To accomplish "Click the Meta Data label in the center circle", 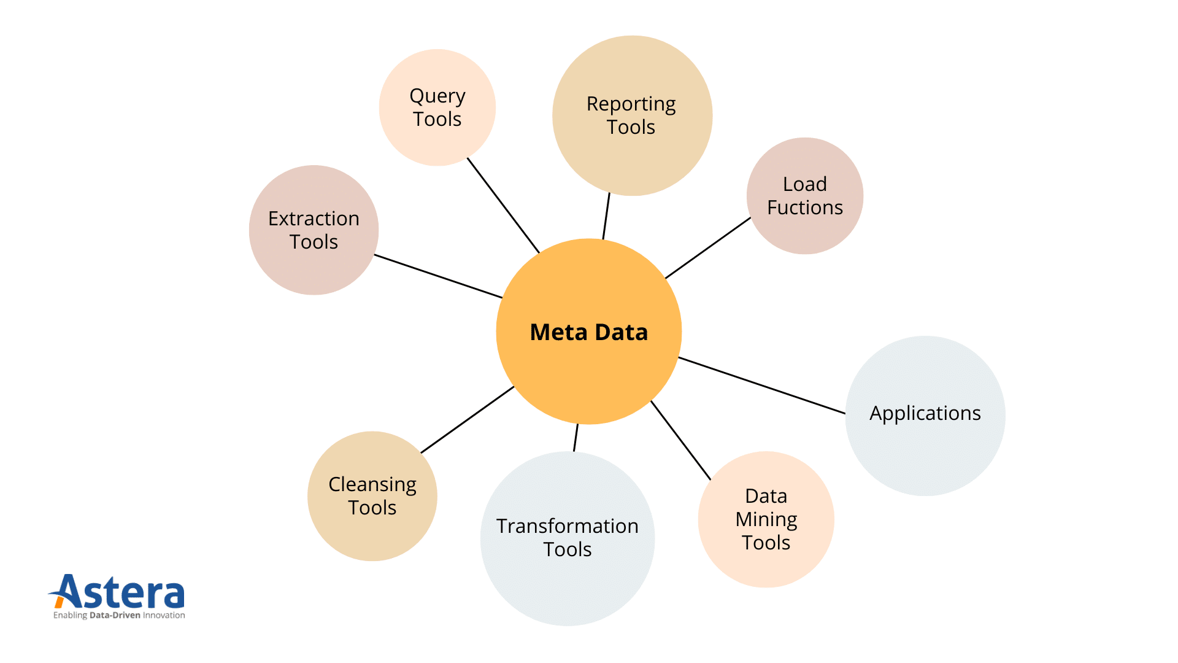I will (588, 332).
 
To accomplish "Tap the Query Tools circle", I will (437, 107).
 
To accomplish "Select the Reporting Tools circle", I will (632, 115).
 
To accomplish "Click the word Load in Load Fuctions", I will (804, 184).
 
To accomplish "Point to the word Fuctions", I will (805, 207).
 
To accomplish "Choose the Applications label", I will (925, 413).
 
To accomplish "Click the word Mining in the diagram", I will (766, 519).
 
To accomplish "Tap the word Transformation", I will (568, 526).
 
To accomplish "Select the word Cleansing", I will (372, 484).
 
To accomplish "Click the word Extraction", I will (314, 219).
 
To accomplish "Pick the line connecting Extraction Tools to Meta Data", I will (438, 276).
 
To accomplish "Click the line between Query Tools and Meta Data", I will (503, 205).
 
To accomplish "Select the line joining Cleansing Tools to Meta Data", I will (468, 419).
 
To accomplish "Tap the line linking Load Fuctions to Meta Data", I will (708, 248).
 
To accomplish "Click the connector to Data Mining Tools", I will (680, 440).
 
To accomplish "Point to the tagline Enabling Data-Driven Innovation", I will (119, 615).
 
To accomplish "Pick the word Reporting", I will (631, 104).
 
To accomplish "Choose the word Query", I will (437, 96).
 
